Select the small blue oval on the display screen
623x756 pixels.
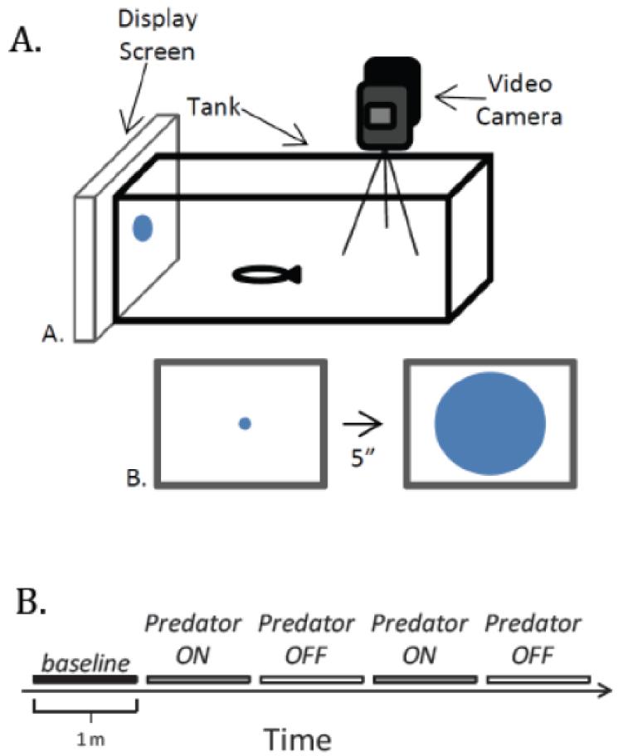tap(143, 228)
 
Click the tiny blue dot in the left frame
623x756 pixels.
tap(244, 424)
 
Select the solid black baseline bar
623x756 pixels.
tap(85, 680)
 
